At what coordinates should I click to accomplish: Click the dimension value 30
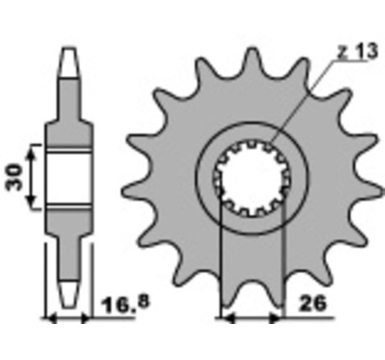pos(14,177)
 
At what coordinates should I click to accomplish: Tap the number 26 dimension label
pos(312,303)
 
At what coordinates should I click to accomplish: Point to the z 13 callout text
pos(357,51)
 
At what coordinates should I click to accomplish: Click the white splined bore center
pos(251,178)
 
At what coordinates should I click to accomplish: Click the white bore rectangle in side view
pos(68,177)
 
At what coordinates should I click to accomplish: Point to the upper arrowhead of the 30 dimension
pos(32,155)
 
